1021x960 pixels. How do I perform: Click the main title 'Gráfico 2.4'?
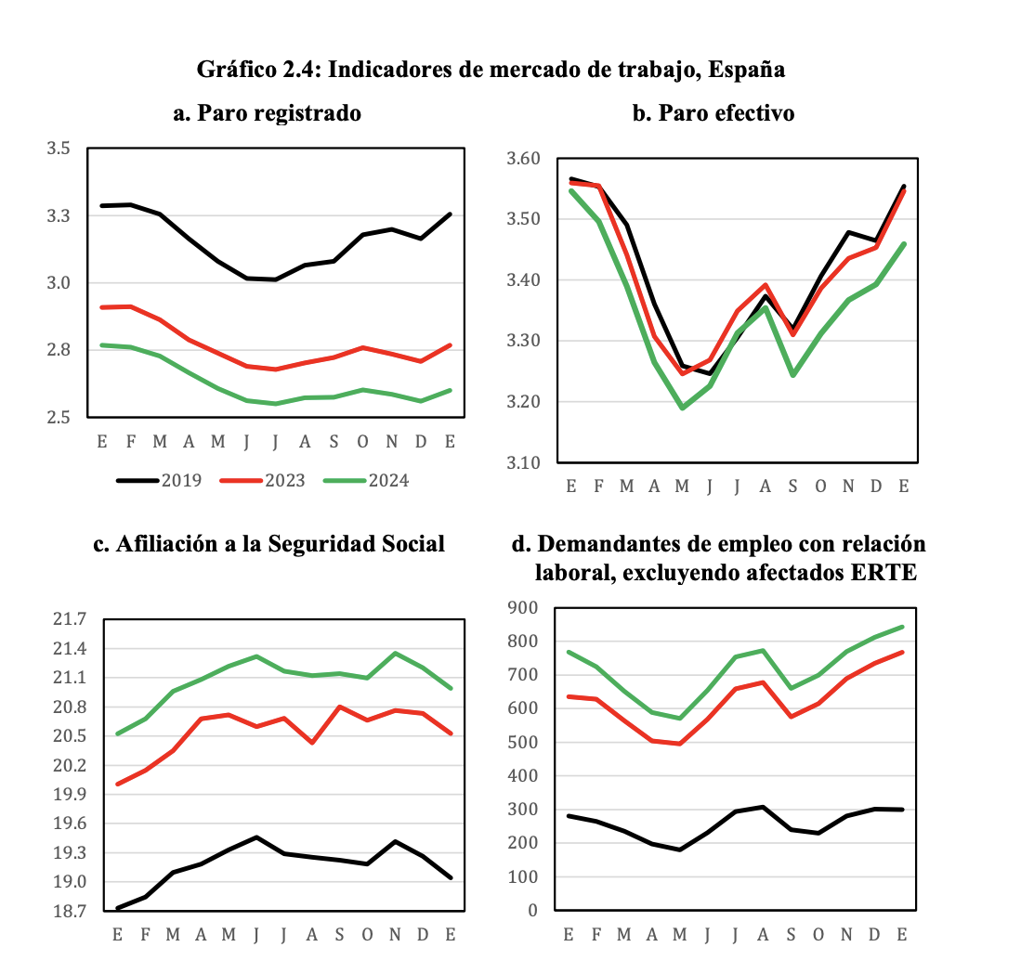click(491, 70)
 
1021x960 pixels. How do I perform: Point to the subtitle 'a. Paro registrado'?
click(267, 113)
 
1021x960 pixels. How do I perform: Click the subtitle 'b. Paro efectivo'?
click(713, 113)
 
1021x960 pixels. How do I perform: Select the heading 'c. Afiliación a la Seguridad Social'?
click(269, 544)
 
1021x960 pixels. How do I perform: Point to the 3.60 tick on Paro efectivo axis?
click(525, 159)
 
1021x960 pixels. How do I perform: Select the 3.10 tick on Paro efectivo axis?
click(525, 462)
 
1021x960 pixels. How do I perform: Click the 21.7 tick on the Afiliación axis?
click(68, 619)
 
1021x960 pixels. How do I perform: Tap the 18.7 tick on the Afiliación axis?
click(68, 911)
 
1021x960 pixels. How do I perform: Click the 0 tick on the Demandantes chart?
click(533, 910)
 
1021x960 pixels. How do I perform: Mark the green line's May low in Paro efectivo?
click(683, 408)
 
